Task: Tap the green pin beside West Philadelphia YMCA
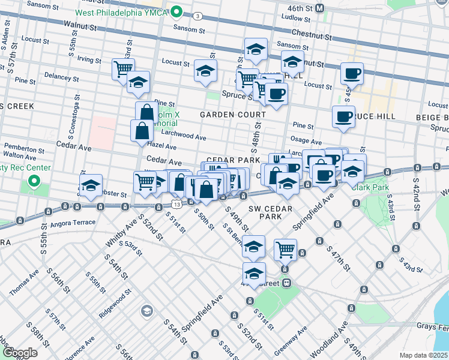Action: (176, 11)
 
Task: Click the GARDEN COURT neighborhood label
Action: (232, 115)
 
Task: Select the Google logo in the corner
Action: (20, 353)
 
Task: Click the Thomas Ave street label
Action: (23, 283)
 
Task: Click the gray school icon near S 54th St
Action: (146, 311)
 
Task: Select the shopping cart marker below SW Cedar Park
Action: (285, 248)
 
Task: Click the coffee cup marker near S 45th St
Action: (352, 74)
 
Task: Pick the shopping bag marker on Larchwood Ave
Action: (142, 130)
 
